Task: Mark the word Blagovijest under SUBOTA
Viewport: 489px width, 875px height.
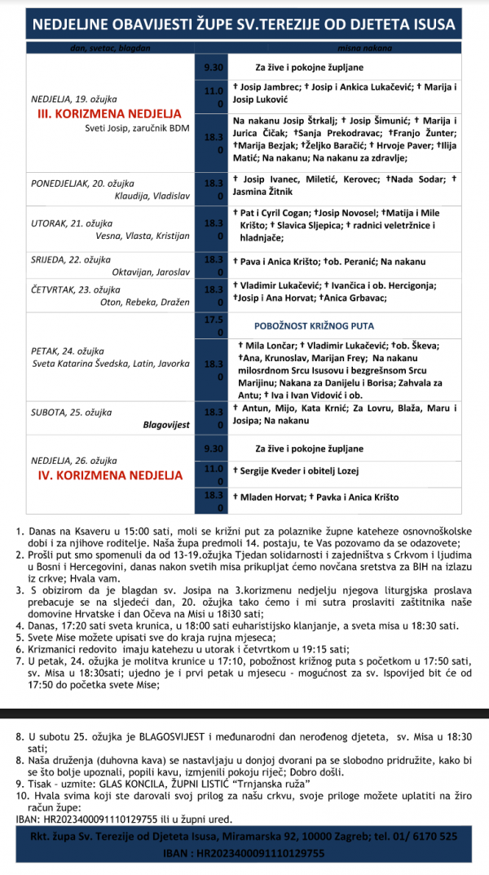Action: tap(166, 425)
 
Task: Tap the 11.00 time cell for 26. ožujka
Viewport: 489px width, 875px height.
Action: tap(214, 475)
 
